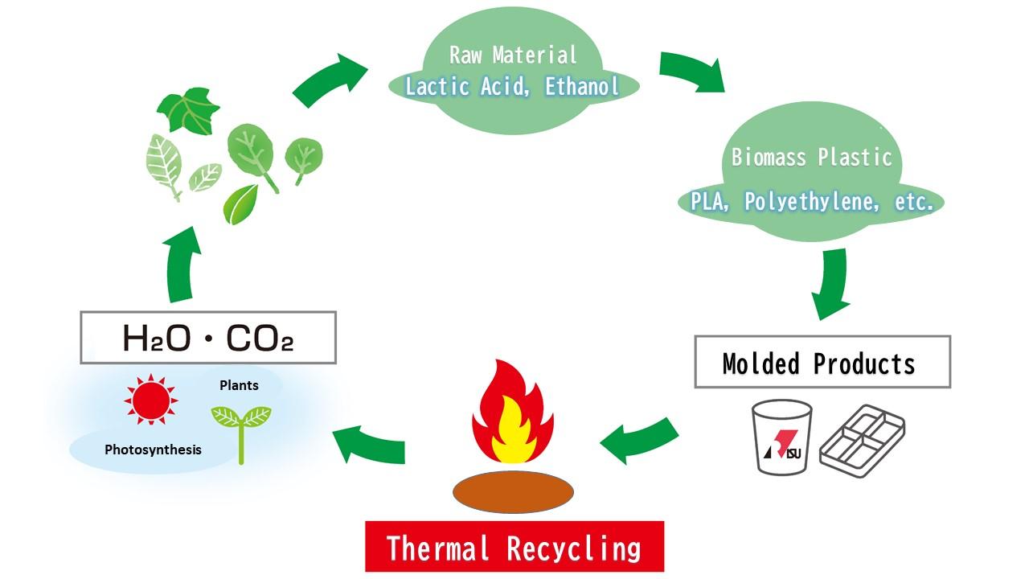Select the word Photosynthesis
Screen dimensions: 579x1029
153,450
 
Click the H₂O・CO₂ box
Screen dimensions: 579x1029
207,338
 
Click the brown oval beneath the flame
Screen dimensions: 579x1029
513,491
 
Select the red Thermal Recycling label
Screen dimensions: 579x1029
514,547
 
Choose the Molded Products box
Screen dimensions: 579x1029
822,363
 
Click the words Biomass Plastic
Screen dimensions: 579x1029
812,157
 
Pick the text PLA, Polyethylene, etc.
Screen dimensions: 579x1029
812,201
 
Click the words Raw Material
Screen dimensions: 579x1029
513,55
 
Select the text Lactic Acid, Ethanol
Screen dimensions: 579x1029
513,87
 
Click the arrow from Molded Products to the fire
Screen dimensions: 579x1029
640,438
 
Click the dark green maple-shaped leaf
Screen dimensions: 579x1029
187,110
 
